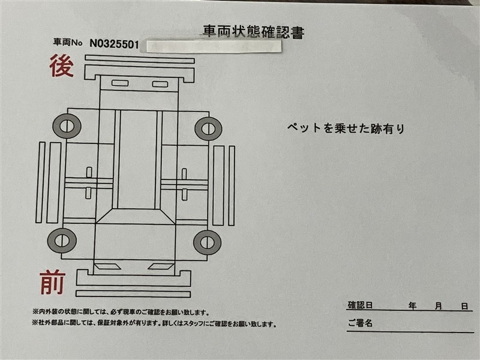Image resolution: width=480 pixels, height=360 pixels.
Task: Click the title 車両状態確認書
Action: tap(253, 32)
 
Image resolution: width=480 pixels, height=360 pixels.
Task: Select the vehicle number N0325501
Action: tap(114, 44)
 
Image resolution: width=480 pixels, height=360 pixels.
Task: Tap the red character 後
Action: tap(62, 66)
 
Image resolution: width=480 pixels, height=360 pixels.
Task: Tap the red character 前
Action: tap(52, 282)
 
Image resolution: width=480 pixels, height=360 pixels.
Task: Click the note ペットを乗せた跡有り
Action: tap(346, 128)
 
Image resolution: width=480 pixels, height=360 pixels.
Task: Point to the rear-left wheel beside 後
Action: tap(67, 126)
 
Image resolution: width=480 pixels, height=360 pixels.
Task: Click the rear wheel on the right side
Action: tap(208, 128)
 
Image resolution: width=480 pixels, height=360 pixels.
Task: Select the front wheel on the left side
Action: tap(62, 241)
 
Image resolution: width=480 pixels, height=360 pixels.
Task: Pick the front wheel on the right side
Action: tap(207, 242)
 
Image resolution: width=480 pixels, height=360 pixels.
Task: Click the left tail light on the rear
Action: tap(120, 83)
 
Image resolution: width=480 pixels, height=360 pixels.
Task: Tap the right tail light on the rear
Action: tap(160, 84)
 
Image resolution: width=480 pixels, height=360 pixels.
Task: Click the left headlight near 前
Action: tap(108, 266)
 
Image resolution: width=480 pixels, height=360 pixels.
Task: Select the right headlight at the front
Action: tap(161, 266)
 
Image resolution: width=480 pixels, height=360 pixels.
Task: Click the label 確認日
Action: tap(360, 305)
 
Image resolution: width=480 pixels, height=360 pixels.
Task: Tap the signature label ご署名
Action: tap(360, 323)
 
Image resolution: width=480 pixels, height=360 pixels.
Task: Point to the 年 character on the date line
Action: tap(412, 305)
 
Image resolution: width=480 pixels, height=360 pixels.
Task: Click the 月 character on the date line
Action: tap(439, 306)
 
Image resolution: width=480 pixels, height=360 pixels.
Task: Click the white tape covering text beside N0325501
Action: tap(214, 46)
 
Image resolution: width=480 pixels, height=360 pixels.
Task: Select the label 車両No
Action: tap(68, 42)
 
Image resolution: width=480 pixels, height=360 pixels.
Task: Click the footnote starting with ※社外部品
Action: tap(154, 323)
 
